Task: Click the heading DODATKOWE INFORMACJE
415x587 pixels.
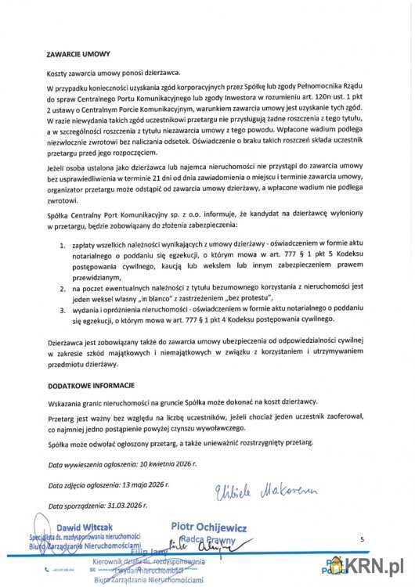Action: [91, 386]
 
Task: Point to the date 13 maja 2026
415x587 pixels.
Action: [150, 485]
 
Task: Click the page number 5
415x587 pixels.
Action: [362, 540]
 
